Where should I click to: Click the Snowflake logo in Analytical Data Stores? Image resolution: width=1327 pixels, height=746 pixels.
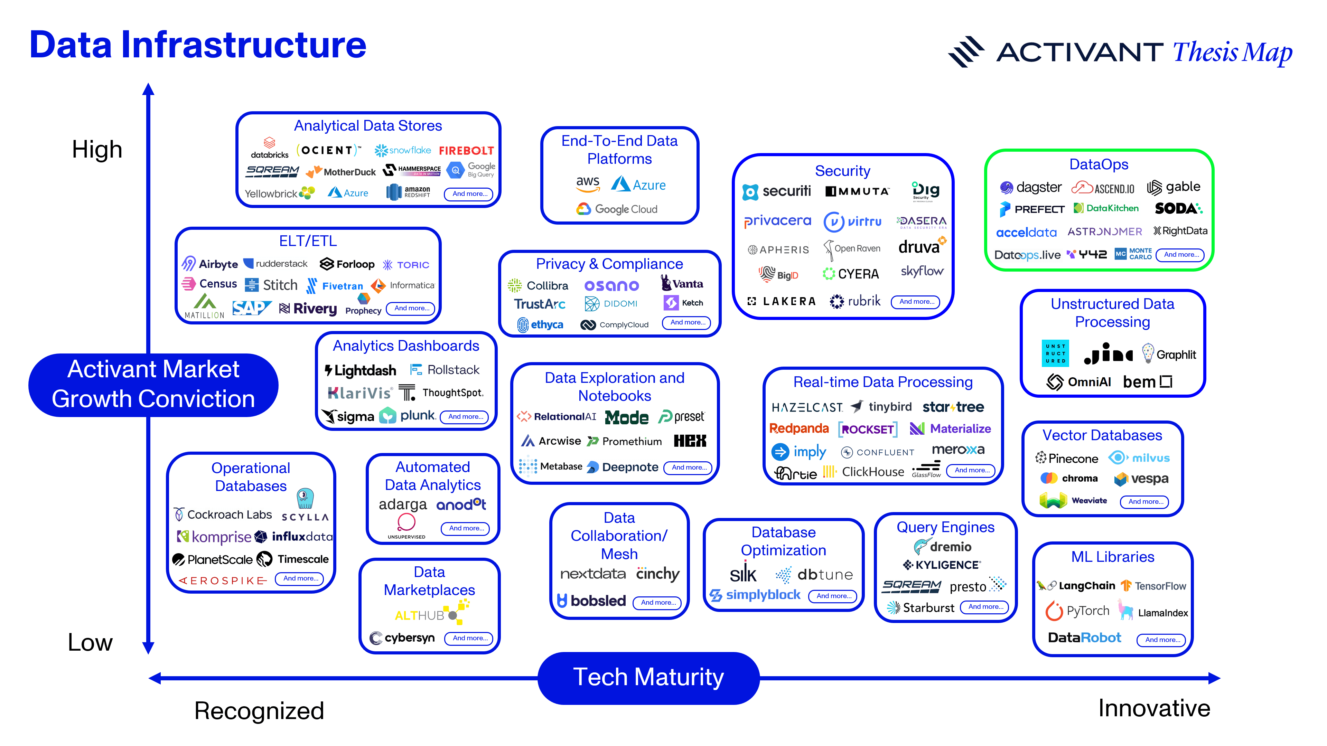(403, 150)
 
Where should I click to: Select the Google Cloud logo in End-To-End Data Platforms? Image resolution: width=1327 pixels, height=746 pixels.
(617, 209)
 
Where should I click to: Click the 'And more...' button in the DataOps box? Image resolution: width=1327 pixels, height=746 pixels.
(1180, 255)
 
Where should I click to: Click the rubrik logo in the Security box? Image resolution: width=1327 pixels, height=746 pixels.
(855, 301)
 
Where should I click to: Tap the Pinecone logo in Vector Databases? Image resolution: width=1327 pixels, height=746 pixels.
(1066, 458)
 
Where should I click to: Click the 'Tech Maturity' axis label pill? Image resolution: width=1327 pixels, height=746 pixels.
(648, 678)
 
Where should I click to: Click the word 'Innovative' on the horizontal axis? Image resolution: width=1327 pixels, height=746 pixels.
(1154, 708)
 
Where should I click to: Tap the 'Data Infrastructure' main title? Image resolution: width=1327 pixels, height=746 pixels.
(198, 45)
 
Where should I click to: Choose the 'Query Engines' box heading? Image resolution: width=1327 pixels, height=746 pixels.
(945, 527)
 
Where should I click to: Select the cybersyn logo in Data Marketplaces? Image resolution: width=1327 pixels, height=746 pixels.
(402, 638)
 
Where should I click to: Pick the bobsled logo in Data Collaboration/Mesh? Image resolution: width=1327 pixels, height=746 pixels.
(591, 601)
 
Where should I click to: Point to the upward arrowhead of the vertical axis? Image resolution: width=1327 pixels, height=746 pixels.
(148, 89)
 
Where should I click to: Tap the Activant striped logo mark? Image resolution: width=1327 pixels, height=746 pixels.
(965, 51)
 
